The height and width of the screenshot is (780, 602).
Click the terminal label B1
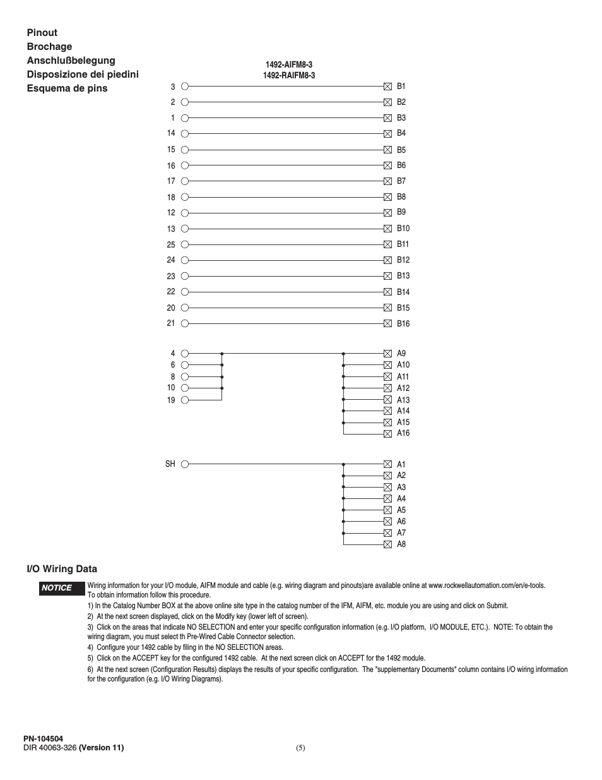[401, 87]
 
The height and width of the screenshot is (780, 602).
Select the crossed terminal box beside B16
[387, 323]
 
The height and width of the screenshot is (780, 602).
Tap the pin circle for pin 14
[185, 133]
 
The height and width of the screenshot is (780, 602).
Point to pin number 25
[171, 244]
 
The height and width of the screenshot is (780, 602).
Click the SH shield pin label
[170, 464]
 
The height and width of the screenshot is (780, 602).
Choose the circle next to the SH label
[185, 464]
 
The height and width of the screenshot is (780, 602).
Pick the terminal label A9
[401, 354]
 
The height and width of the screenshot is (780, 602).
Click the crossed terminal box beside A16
[387, 434]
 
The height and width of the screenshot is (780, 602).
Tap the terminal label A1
[401, 464]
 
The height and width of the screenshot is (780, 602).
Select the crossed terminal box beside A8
[387, 544]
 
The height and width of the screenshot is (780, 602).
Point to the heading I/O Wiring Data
[62, 569]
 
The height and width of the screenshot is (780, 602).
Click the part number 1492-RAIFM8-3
[289, 76]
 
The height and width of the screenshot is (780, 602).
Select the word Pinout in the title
[42, 33]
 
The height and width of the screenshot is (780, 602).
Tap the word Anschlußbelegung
[71, 61]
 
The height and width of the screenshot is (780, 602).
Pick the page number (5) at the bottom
[300, 748]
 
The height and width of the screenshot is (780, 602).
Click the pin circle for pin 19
[185, 400]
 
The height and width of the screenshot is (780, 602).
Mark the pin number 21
[171, 323]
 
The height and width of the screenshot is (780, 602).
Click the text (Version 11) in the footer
[101, 748]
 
